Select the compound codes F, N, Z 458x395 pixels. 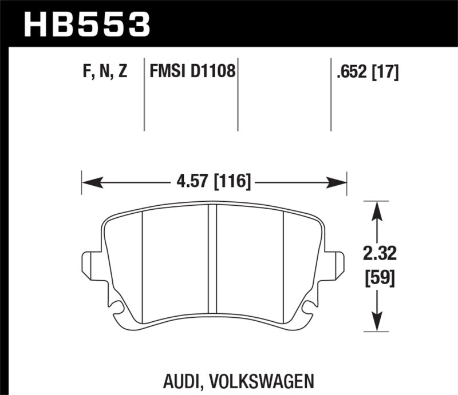pos(104,73)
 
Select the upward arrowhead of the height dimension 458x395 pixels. pos(376,209)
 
